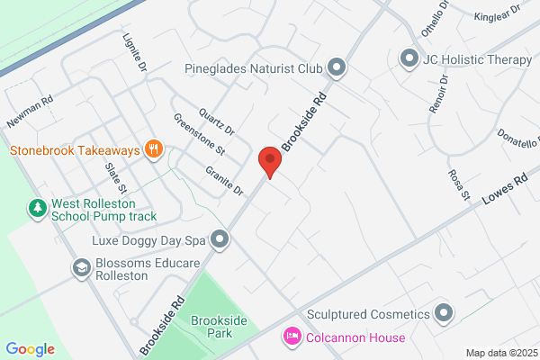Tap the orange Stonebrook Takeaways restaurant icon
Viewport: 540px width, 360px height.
(154, 149)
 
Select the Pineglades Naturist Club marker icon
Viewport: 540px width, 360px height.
(337, 67)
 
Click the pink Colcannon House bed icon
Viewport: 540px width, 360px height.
(292, 337)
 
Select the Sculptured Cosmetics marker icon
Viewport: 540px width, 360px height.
(443, 313)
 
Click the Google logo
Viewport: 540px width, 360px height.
(31, 349)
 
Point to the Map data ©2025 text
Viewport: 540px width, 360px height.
(500, 353)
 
